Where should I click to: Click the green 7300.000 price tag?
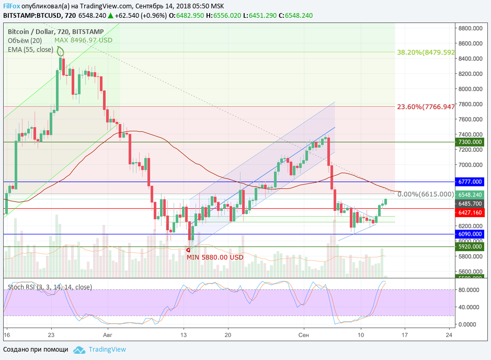coord(470,142)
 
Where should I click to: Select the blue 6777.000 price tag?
coord(470,182)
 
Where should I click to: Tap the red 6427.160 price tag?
coord(470,212)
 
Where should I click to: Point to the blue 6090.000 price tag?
coord(470,234)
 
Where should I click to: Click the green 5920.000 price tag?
coord(470,246)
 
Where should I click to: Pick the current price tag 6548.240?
coord(470,194)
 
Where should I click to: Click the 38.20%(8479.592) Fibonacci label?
coord(426,52)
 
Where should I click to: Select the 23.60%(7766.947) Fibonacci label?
coord(426,107)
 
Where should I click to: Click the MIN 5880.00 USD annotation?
coord(215,257)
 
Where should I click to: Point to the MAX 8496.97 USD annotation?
coord(83,40)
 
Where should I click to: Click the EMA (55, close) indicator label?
coord(30,49)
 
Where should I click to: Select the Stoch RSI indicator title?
coord(50,287)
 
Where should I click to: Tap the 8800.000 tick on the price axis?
coord(470,28)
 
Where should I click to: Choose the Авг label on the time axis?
coord(108,334)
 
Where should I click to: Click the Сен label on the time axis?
coord(304,334)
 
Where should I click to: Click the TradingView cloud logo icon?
coord(79,350)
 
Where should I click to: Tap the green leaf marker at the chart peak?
coord(61,51)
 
